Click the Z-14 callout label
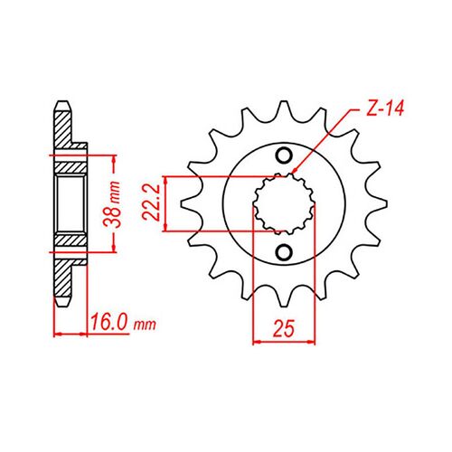(385, 108)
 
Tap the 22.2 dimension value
(152, 202)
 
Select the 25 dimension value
(283, 329)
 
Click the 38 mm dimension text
(112, 203)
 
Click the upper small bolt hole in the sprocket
(284, 155)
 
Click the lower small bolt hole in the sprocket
(284, 252)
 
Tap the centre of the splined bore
(284, 204)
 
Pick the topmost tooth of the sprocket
(284, 111)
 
